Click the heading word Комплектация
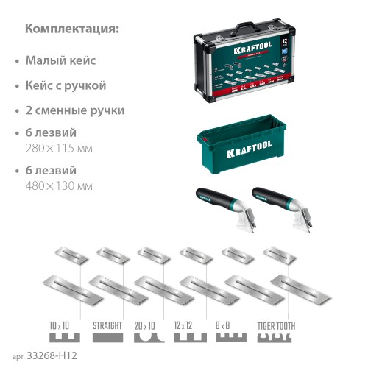click(71, 29)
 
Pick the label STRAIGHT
click(108, 325)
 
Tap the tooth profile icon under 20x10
click(149, 339)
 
